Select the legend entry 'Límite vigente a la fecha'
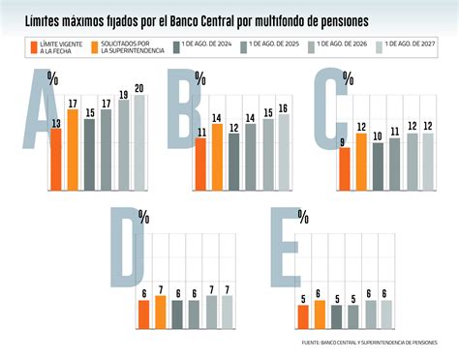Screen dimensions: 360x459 (x=59, y=46)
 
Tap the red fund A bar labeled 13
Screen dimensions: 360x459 (x=55, y=159)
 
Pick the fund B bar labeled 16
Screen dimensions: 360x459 (x=283, y=151)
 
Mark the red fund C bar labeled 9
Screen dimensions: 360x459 (x=345, y=167)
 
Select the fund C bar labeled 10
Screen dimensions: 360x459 (x=378, y=165)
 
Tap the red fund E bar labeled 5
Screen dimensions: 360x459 (x=303, y=316)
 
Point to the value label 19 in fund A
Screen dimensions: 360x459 (x=123, y=94)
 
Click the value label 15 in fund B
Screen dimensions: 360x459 (x=267, y=112)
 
